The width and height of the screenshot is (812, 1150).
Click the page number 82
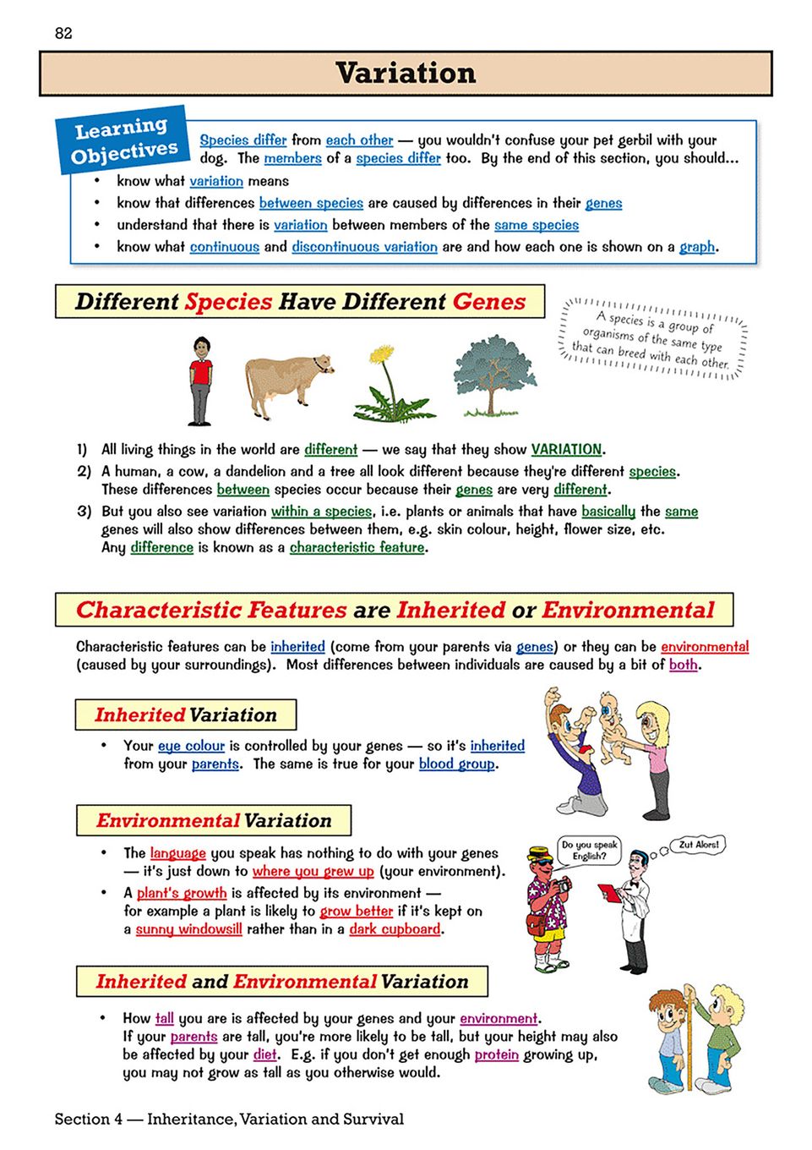(x=63, y=33)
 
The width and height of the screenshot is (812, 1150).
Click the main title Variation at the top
(x=406, y=74)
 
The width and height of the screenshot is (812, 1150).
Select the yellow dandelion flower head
(x=383, y=353)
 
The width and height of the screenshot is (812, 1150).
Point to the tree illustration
(x=493, y=375)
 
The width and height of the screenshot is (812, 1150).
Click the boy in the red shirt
(x=200, y=381)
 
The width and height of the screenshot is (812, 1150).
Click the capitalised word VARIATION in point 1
(x=566, y=450)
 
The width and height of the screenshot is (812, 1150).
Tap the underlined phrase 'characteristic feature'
(x=357, y=548)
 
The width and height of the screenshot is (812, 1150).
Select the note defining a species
(x=651, y=339)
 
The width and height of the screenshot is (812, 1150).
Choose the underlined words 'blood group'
(x=457, y=764)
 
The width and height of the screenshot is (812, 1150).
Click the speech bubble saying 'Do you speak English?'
(x=589, y=850)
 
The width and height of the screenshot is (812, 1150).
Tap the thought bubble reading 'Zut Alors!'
(x=699, y=845)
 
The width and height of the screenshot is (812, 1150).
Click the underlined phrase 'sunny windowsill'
(x=188, y=929)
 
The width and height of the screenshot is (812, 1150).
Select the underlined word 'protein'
(x=496, y=1055)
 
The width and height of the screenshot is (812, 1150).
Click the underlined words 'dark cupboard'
(x=395, y=929)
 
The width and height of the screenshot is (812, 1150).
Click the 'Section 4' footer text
(x=229, y=1120)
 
